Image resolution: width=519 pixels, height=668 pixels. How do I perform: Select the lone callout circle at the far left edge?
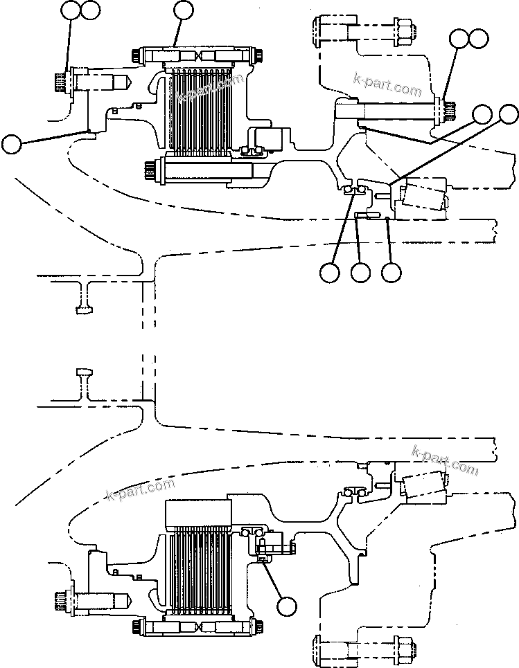click(12, 144)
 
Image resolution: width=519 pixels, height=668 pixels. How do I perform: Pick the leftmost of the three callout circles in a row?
click(331, 273)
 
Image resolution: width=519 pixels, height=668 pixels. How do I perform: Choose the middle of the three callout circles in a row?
click(360, 273)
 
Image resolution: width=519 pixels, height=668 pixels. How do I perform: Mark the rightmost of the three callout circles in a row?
click(392, 273)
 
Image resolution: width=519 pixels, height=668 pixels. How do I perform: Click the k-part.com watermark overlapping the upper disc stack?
click(210, 88)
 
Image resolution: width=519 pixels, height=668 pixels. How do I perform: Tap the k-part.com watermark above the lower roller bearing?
click(444, 460)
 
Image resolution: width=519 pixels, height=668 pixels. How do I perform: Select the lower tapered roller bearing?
click(422, 486)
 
